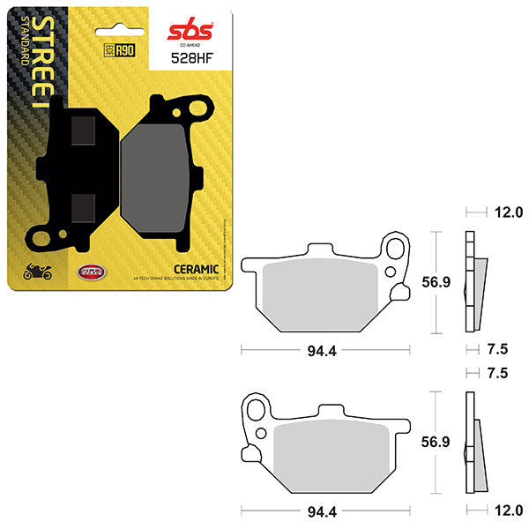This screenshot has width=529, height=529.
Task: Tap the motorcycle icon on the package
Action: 38,272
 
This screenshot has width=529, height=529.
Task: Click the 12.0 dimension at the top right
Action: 508,212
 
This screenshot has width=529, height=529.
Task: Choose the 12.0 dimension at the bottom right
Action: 508,510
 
